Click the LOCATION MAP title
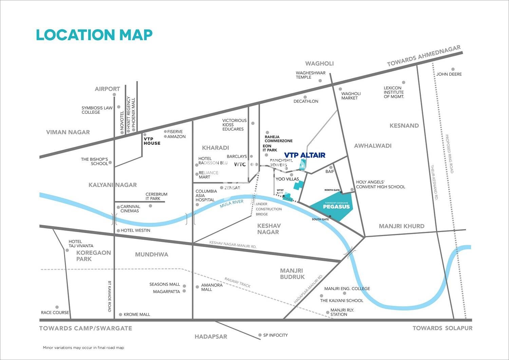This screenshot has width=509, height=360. (94, 35)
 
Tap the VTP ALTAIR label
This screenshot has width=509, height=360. (304, 155)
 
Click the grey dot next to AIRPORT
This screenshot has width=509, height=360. (114, 95)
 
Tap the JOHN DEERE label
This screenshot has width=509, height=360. (449, 74)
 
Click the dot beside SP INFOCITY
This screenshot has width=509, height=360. (260, 335)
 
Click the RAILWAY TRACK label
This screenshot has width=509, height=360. (238, 283)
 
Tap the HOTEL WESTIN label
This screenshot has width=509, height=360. (135, 231)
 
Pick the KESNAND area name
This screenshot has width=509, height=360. (404, 126)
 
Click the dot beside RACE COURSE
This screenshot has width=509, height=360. (57, 307)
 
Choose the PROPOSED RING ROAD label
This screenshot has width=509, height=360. (449, 154)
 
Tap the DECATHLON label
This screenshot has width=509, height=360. (306, 101)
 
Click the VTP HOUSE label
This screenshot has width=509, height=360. (152, 141)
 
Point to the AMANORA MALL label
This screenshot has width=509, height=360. (212, 287)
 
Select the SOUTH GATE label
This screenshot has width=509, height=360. (320, 219)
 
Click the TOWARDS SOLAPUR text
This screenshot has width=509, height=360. (442, 328)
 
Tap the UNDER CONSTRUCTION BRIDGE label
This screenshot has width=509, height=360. (269, 209)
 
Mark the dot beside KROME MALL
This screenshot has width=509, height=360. (120, 315)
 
